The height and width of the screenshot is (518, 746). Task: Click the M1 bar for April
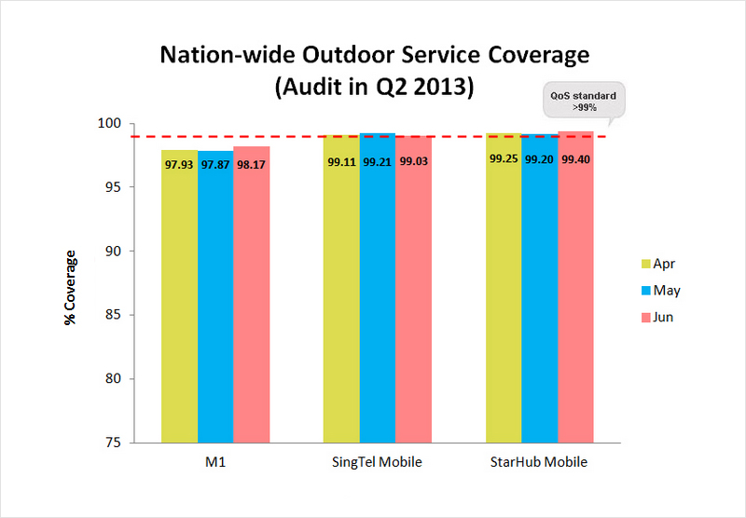coord(179,298)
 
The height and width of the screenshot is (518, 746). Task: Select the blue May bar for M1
coord(215,298)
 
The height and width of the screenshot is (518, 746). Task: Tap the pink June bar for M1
coord(251,298)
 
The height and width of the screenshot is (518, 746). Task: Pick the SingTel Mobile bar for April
coord(341,298)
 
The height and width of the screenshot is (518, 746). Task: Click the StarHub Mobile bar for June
coord(575,298)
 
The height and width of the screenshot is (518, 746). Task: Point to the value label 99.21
coord(377,160)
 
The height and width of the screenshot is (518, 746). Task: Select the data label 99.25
coord(504,159)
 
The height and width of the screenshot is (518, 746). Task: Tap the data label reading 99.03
coord(412,160)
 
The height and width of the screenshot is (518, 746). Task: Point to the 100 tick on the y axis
coord(112,124)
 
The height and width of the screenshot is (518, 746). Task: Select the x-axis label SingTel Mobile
coord(377,463)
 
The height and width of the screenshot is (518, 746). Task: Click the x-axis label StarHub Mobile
coord(539,463)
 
